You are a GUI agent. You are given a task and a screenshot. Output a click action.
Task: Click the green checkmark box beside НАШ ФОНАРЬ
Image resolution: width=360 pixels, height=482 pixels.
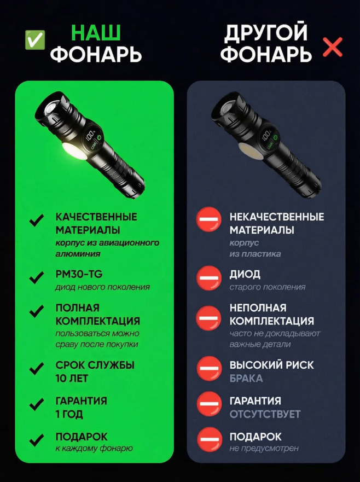coord(34,39)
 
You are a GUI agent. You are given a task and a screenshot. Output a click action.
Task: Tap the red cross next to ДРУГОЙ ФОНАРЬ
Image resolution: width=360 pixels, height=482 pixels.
coord(333,48)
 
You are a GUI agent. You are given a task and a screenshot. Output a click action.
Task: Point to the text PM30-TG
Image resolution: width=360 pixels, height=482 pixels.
coord(79,274)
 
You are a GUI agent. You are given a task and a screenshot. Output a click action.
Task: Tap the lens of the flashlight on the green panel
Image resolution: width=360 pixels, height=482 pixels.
coord(53,109)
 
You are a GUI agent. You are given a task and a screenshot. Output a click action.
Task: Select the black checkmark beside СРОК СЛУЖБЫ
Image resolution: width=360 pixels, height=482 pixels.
coord(37,368)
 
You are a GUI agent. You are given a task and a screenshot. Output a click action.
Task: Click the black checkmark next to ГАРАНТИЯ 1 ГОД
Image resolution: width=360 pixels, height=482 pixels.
coord(37,404)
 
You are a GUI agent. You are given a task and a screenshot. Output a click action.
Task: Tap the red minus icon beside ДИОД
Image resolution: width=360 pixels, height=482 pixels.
coord(209,278)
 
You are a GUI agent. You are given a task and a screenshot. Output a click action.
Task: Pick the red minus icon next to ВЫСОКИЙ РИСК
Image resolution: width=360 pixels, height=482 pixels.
coord(209,368)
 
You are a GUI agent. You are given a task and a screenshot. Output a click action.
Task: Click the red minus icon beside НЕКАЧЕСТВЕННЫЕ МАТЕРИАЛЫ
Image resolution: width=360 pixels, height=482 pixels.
coord(209,219)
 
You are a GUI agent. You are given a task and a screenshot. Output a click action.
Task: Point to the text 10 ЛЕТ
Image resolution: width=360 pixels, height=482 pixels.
coord(72,379)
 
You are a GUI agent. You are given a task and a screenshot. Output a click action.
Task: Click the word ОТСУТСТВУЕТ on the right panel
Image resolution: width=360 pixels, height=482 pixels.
coord(265,414)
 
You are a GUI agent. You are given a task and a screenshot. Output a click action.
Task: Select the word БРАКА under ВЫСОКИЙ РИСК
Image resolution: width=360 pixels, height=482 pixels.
coord(246,379)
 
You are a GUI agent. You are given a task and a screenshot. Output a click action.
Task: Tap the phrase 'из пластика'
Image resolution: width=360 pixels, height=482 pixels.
coord(255,254)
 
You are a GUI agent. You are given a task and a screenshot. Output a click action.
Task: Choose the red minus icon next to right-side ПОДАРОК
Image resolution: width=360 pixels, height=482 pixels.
coord(209,439)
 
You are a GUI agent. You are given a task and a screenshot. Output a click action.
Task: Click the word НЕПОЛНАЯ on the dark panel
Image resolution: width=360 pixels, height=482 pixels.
coord(258,307)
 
